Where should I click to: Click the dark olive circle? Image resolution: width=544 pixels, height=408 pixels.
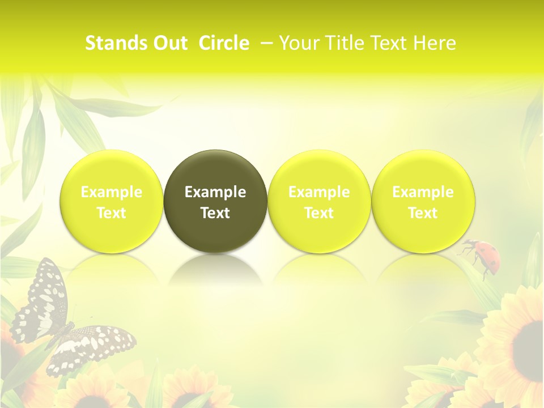tap(215, 201)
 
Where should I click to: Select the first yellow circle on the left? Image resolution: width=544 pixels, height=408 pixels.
tap(112, 201)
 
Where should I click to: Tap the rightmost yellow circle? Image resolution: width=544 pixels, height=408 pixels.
tap(423, 201)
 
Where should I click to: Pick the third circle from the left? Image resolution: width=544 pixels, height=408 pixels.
tap(319, 201)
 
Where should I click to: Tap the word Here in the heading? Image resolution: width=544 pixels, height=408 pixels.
tap(435, 43)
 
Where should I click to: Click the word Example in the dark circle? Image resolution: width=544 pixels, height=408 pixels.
tap(215, 192)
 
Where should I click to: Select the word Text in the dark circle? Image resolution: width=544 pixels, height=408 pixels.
tap(215, 213)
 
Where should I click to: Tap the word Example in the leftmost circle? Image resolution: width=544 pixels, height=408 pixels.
tap(112, 192)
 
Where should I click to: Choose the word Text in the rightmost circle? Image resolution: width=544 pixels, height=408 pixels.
tap(423, 213)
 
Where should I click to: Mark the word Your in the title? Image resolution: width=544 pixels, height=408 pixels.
tap(299, 43)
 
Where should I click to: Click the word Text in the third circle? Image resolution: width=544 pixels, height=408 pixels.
tap(319, 213)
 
